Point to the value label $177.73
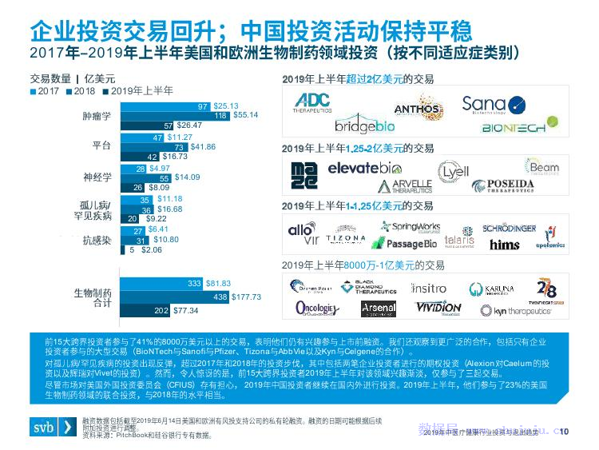(x=245, y=297)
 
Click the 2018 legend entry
(x=79, y=91)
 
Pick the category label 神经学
(x=97, y=177)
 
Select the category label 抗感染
(x=97, y=239)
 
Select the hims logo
(x=504, y=245)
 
